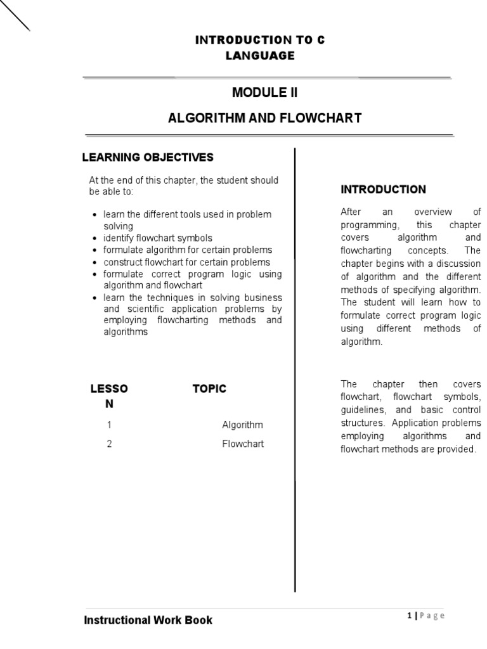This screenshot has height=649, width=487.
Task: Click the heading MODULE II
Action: click(x=264, y=93)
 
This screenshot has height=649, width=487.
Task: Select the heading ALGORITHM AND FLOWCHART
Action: click(x=264, y=118)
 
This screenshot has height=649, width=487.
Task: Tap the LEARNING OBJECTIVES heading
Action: click(x=148, y=157)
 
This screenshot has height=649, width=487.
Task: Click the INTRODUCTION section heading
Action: click(x=383, y=190)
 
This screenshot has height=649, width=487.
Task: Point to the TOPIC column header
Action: click(x=209, y=389)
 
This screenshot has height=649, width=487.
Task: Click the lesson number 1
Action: click(x=109, y=425)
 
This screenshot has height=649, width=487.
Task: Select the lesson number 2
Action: click(x=109, y=444)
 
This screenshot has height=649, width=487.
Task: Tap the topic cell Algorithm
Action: click(x=242, y=425)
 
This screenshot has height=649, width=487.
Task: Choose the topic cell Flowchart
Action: click(x=243, y=444)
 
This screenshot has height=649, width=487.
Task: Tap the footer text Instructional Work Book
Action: click(x=148, y=620)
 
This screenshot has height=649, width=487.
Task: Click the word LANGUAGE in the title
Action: click(x=260, y=56)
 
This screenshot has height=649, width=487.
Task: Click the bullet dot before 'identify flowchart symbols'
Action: click(x=94, y=239)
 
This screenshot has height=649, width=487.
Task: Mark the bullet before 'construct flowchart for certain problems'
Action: click(x=94, y=262)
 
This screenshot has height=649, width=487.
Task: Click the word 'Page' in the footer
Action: click(x=432, y=615)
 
